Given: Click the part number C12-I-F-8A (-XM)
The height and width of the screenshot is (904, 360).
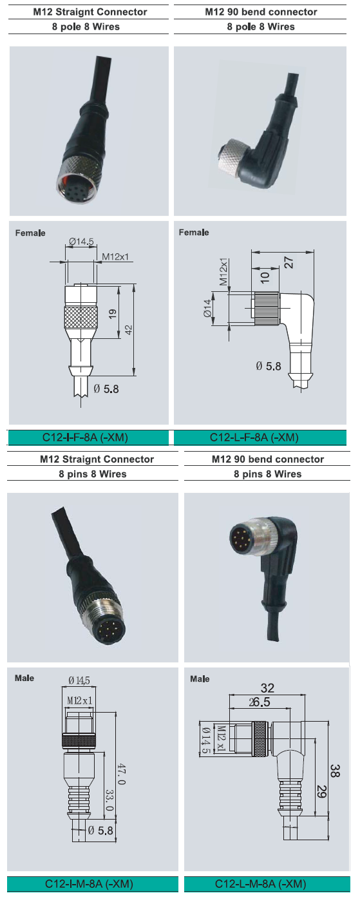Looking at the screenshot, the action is [85, 438].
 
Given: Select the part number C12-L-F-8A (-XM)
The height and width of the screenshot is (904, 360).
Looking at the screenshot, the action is [254, 438].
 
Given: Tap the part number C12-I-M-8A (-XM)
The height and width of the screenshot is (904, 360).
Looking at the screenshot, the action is [89, 884].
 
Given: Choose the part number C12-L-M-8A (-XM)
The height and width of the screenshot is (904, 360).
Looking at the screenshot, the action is [261, 884].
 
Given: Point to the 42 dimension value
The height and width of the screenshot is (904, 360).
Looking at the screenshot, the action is [129, 330].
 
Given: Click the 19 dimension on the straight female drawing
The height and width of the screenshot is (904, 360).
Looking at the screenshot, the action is [113, 313].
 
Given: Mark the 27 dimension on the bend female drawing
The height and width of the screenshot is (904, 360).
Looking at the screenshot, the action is [289, 263].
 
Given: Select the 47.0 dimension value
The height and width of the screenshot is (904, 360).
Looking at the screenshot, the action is [121, 774].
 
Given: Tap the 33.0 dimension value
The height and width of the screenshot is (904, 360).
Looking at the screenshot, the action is [109, 800].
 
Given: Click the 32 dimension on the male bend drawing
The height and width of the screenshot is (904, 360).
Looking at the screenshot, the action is [267, 688].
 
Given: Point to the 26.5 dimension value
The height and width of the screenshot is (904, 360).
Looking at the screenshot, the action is [260, 702].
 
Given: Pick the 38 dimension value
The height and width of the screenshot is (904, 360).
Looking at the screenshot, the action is [336, 770].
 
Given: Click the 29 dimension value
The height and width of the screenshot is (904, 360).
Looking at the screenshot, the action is [321, 791].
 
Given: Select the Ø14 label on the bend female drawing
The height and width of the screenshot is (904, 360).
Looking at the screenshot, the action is [207, 307].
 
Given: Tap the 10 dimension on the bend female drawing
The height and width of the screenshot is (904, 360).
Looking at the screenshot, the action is [265, 277].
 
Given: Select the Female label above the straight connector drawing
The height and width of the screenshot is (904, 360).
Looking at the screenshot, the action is [30, 233].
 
